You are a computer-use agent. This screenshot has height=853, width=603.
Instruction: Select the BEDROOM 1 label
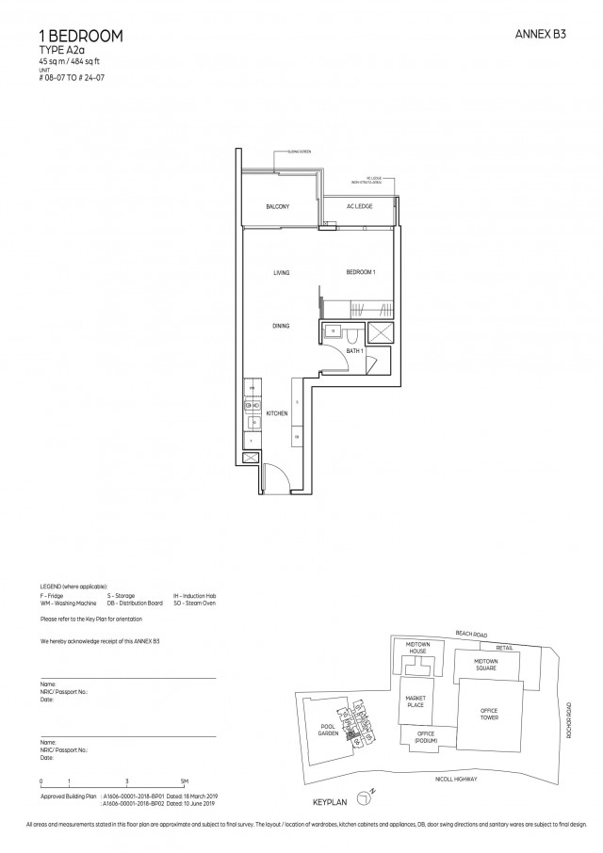tap(361, 272)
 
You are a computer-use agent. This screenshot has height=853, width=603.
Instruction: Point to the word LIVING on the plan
tap(281, 273)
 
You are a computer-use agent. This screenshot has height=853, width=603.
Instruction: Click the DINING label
tap(281, 326)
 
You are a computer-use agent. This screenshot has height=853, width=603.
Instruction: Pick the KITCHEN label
tap(276, 413)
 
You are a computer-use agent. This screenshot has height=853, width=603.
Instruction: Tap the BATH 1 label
tap(354, 350)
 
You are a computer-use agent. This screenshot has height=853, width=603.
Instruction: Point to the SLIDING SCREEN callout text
tap(301, 151)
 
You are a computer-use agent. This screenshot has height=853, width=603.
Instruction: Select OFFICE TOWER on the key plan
tap(488, 715)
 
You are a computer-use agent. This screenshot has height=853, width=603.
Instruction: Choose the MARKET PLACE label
tap(416, 701)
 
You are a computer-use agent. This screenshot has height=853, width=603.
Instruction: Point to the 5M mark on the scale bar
tap(185, 782)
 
